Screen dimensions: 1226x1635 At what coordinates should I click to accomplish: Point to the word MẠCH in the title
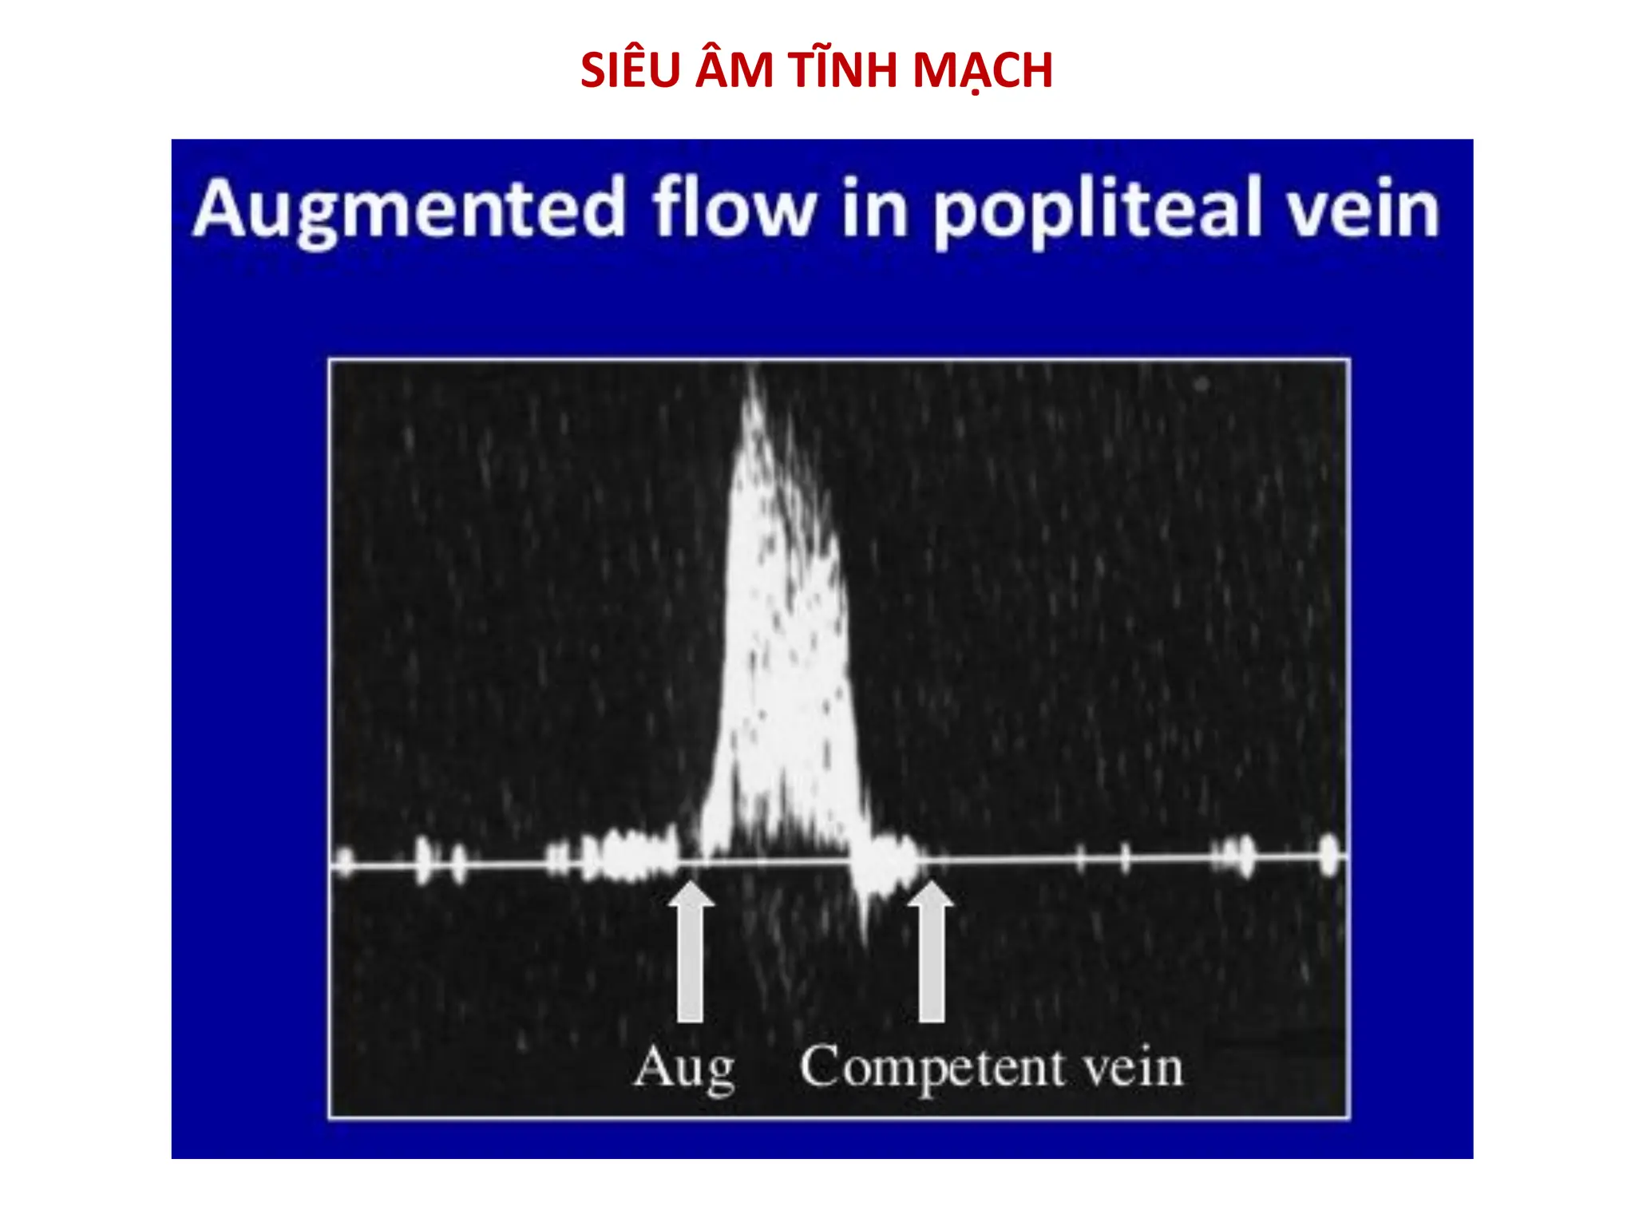(x=983, y=70)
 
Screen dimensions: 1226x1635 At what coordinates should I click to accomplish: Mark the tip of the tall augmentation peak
(x=753, y=375)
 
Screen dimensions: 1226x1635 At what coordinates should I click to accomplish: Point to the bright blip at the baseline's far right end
(x=1328, y=856)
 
